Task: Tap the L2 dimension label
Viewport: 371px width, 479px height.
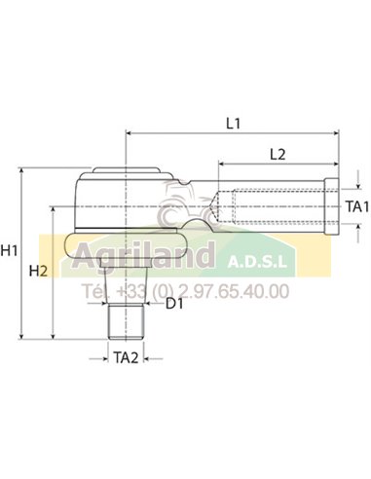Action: click(277, 154)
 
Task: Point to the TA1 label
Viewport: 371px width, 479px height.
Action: click(357, 206)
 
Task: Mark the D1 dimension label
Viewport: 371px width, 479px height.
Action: click(174, 306)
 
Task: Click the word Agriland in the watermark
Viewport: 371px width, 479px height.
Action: click(147, 260)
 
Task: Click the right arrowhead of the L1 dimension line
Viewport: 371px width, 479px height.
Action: click(336, 133)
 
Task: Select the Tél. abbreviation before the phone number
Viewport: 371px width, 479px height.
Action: click(96, 290)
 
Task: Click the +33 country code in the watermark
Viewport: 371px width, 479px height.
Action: click(130, 290)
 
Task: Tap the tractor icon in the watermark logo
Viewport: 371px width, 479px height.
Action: click(177, 204)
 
